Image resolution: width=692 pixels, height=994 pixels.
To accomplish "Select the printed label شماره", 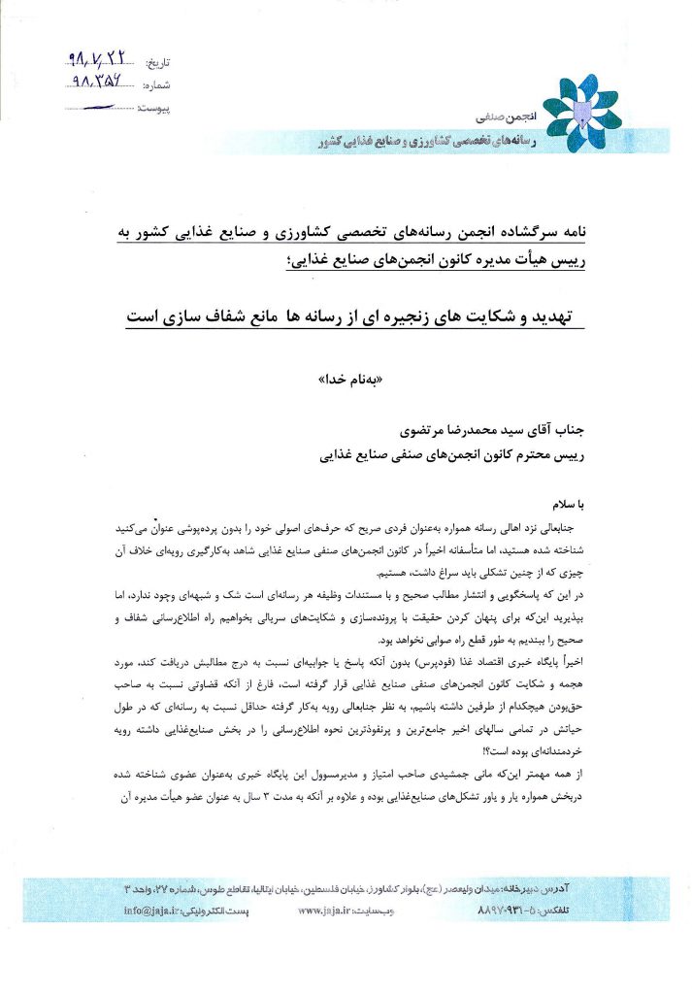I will pos(156,85).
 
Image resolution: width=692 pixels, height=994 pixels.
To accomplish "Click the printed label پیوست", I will pos(155,109).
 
